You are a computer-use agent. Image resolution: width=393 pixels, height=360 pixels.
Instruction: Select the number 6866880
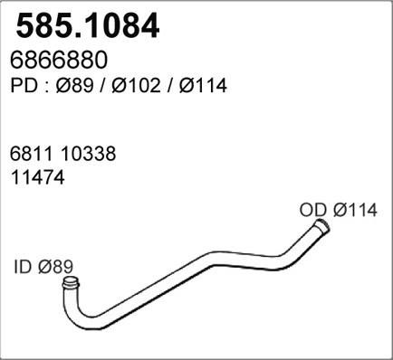(61, 60)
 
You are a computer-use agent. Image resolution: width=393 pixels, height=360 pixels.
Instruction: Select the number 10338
(86, 156)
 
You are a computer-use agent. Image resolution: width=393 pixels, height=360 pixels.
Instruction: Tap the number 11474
(37, 178)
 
